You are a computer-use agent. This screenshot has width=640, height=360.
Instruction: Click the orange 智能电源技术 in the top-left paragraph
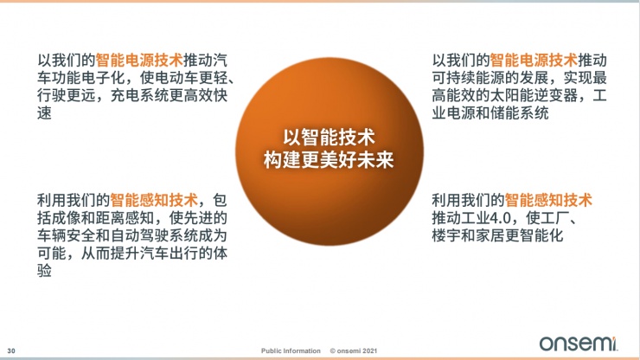[x=138, y=61]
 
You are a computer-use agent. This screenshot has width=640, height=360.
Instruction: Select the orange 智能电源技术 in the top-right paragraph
[x=534, y=61]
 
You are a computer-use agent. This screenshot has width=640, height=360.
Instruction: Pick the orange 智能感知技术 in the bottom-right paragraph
[x=549, y=200]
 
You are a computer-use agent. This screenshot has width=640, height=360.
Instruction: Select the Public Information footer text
[x=291, y=350]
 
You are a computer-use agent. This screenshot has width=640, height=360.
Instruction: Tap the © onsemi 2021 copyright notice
[x=355, y=350]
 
